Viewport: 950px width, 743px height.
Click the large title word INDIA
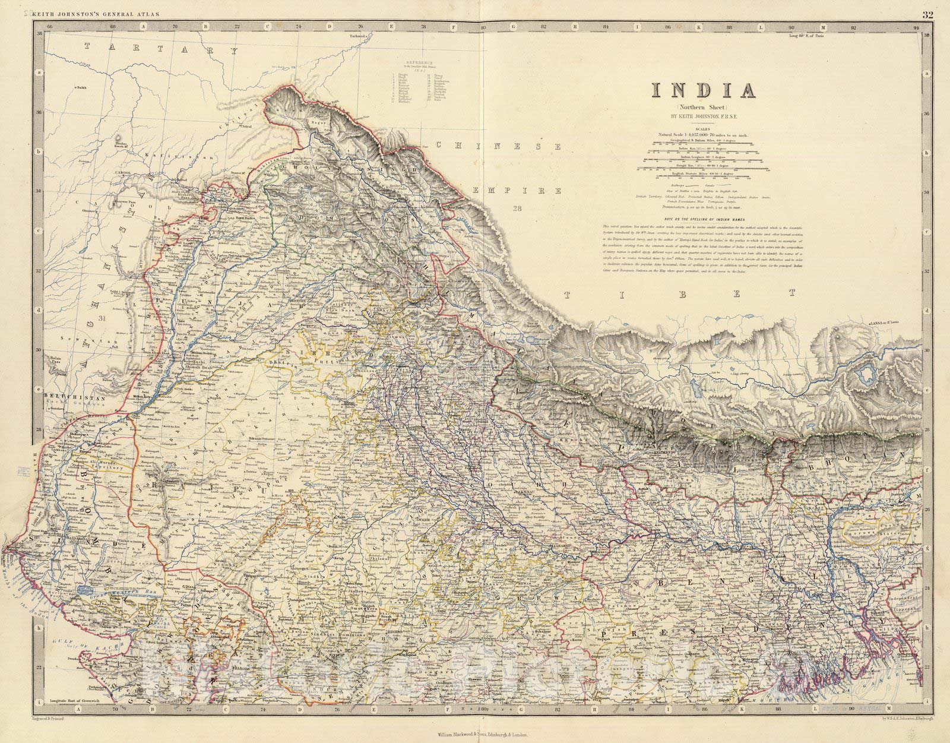tap(704, 91)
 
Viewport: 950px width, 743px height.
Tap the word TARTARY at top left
tap(157, 50)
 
